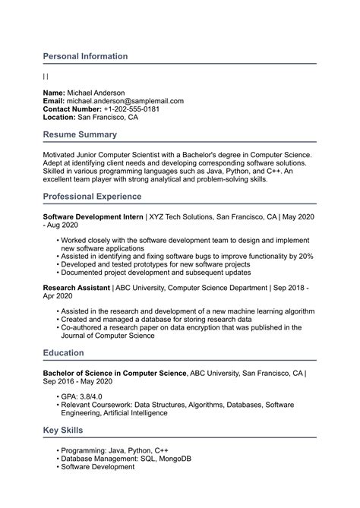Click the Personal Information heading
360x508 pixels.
(85, 56)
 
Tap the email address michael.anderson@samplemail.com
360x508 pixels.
(125, 101)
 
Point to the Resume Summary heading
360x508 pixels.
(80, 134)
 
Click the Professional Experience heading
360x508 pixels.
(92, 196)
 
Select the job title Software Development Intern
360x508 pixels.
(93, 216)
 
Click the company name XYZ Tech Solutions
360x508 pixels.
(180, 216)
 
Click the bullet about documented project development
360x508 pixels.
(156, 272)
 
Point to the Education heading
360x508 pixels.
(64, 352)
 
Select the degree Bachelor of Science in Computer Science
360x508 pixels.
(114, 373)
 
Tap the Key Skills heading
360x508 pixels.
(66, 431)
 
